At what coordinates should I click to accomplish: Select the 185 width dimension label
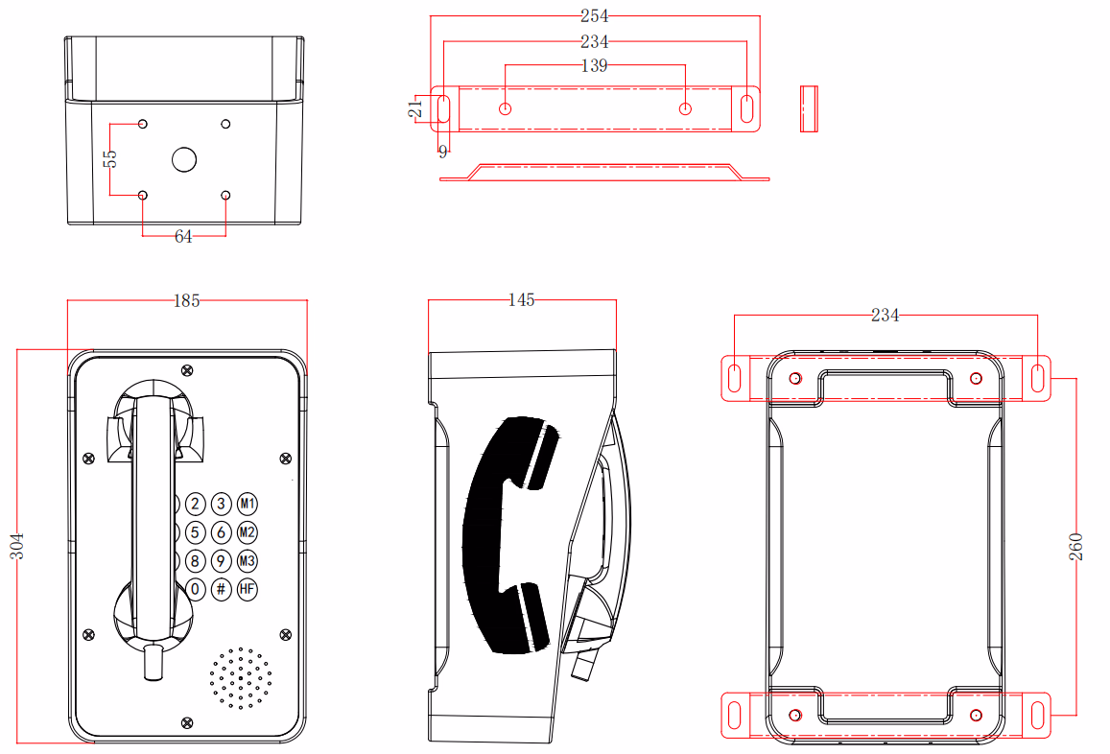(186, 300)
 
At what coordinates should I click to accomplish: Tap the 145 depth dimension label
(520, 300)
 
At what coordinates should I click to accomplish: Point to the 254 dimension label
(595, 16)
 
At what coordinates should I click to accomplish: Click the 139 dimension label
(595, 66)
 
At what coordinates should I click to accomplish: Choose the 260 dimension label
(1075, 546)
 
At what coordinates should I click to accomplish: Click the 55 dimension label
(110, 158)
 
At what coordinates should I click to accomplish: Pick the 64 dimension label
(183, 236)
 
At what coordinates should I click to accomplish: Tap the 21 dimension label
(415, 107)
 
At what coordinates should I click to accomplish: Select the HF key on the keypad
(248, 589)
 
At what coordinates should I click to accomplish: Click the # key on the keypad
(222, 589)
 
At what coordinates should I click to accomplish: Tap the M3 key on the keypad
(248, 561)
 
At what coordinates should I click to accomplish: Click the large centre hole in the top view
(184, 159)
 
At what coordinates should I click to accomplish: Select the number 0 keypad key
(196, 589)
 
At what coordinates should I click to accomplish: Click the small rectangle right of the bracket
(810, 107)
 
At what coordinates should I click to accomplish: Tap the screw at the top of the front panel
(186, 369)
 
